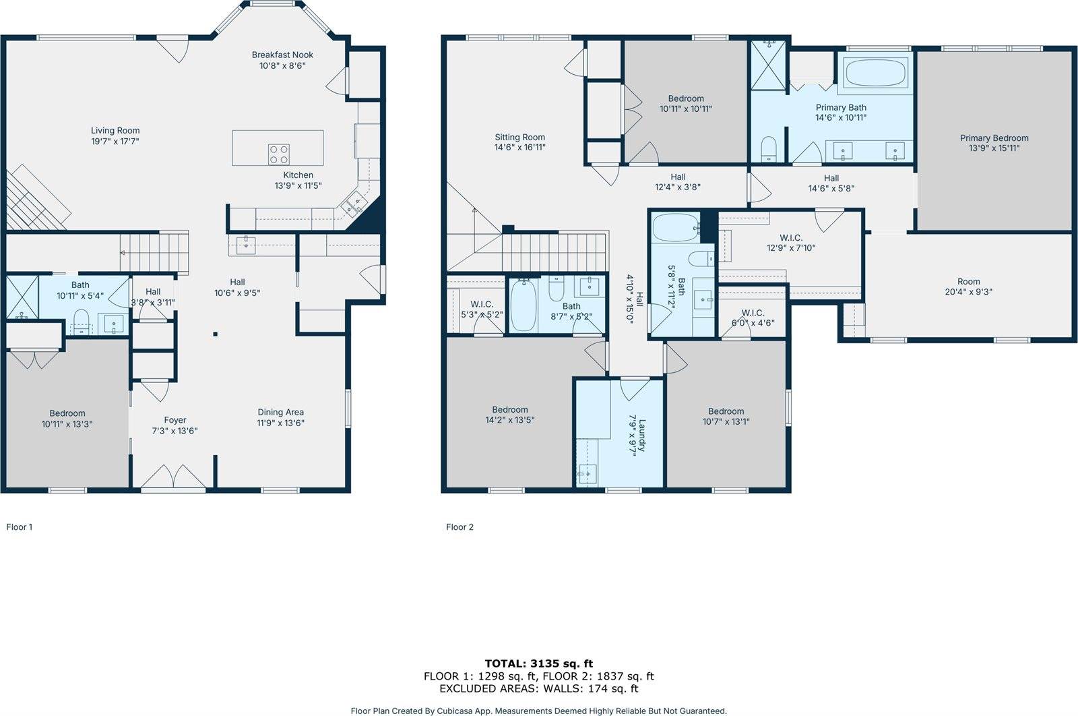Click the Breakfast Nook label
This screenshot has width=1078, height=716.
282,55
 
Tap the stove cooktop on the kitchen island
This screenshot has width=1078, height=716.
279,154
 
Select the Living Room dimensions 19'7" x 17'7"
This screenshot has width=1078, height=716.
115,142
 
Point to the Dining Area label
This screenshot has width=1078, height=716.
280,412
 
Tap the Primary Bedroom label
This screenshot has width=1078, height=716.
994,138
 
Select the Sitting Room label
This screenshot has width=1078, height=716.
519,137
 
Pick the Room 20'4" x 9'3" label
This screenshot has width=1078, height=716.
968,282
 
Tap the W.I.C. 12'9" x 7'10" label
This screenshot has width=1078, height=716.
790,237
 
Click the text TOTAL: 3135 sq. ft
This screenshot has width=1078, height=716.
538,663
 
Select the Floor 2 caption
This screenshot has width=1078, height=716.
459,527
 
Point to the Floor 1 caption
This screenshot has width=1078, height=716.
20,527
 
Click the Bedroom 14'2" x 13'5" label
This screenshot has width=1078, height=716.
509,409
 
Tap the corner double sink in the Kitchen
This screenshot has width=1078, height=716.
351,203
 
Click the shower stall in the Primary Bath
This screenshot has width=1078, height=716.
768,65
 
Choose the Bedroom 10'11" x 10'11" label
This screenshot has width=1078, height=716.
685,98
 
